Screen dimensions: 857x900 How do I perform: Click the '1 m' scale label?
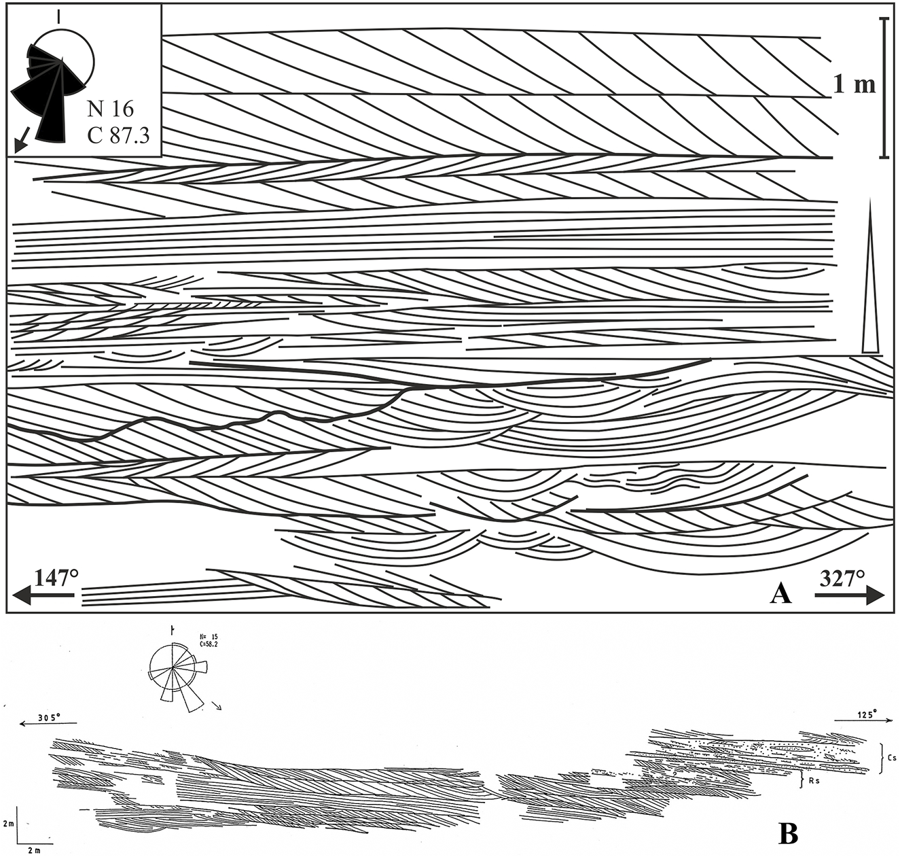(854, 85)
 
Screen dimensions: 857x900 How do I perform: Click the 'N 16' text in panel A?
(111, 108)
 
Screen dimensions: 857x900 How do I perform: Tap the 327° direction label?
(842, 578)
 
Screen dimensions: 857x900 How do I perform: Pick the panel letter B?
(788, 833)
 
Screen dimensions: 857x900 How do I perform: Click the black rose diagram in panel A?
(51, 88)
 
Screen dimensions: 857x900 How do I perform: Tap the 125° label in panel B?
(863, 714)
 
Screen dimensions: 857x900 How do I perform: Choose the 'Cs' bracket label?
(891, 756)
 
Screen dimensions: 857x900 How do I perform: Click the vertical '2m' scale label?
(8, 824)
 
